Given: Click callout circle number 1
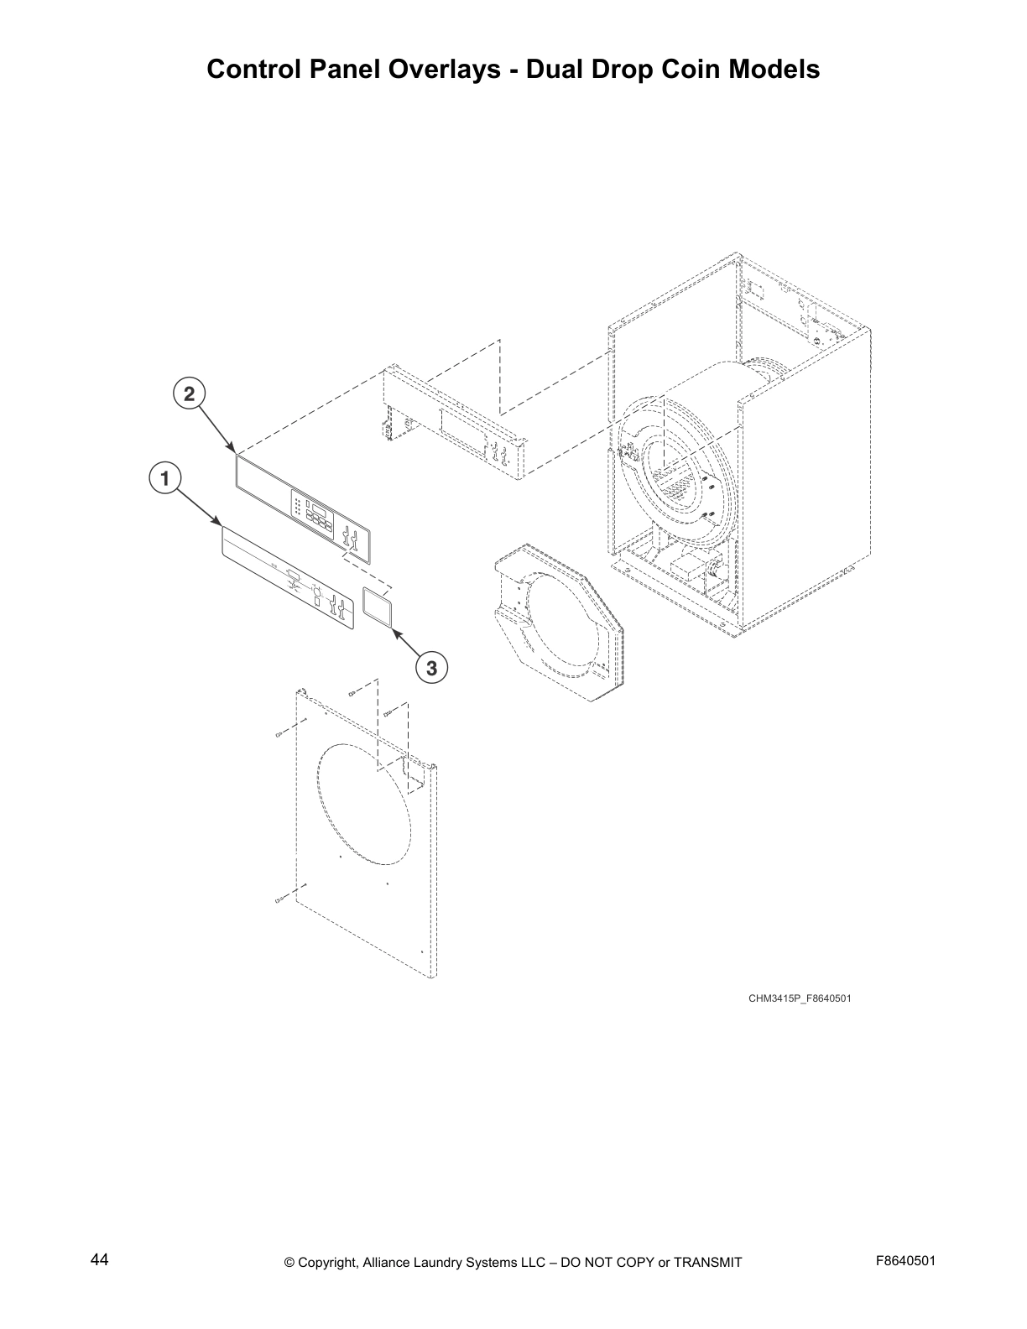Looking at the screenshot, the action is click(x=165, y=478).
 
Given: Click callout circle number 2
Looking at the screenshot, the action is click(x=190, y=393).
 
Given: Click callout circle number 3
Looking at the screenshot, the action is click(x=431, y=668).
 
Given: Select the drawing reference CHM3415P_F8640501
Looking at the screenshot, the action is click(x=800, y=998).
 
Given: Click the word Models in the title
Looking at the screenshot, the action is click(x=774, y=70).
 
